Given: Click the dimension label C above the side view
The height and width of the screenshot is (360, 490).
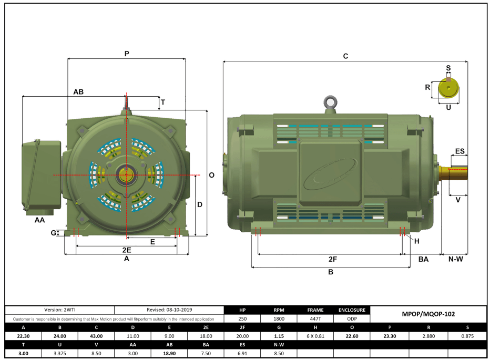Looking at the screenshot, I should click(x=345, y=56).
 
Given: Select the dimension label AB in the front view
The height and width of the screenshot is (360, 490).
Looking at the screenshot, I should click(x=78, y=91).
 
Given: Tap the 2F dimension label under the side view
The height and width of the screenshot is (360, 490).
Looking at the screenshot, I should click(x=332, y=259).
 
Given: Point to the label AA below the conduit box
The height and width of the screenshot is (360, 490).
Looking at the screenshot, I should click(x=39, y=220).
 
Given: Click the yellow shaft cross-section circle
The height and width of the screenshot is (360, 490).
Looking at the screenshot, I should click(x=448, y=88).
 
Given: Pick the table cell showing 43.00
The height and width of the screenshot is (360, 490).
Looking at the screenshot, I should click(x=96, y=336).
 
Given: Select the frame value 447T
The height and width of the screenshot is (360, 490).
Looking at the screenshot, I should click(x=316, y=319).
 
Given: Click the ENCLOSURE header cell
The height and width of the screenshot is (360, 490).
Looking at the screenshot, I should click(x=352, y=310).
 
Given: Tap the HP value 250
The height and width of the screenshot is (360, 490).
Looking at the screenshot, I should click(x=242, y=319).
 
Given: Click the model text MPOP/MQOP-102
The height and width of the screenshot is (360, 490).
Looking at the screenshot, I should click(x=428, y=314).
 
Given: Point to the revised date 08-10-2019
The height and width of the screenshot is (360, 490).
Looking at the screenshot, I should click(x=169, y=310).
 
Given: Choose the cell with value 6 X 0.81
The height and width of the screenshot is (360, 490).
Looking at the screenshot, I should click(x=316, y=336).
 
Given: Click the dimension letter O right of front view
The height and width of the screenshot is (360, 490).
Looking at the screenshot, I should click(x=212, y=175).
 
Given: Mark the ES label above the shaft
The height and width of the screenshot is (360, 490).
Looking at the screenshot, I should click(x=460, y=151).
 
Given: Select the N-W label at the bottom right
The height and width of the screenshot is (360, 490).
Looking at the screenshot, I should click(x=455, y=259).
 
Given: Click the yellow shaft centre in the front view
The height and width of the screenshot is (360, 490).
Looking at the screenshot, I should click(x=127, y=174).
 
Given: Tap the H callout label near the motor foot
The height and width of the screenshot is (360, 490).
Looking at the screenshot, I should click(x=417, y=241).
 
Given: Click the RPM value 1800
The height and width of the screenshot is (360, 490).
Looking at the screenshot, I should click(x=279, y=319).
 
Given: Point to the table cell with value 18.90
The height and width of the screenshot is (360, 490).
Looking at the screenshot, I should click(x=169, y=354).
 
